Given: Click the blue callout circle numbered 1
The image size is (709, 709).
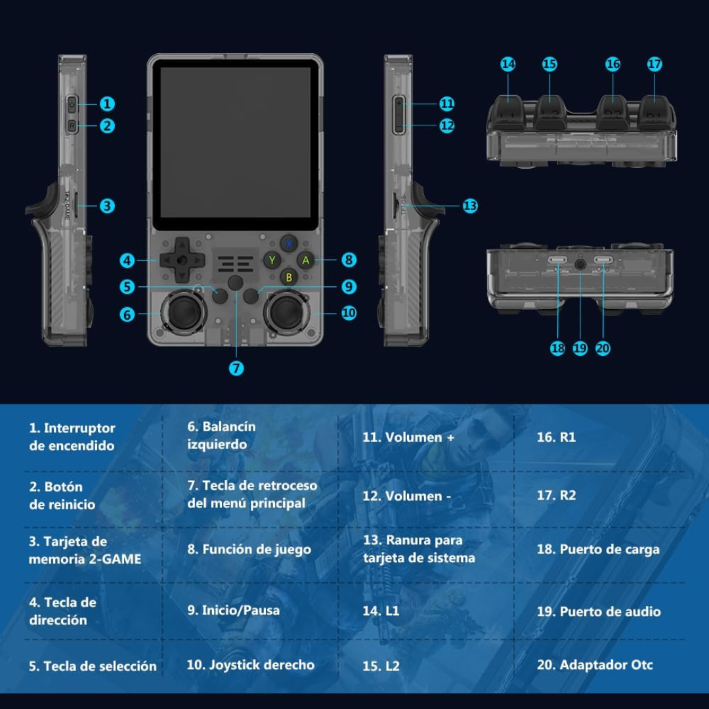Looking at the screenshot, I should click(108, 104).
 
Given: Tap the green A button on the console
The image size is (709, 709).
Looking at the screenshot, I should click(305, 260).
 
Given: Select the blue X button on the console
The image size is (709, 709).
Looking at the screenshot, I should click(288, 244).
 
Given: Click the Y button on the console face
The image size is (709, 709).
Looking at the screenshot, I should click(271, 260).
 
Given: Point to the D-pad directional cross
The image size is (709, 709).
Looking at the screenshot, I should click(180, 261).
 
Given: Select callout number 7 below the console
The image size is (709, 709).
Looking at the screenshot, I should click(236, 368).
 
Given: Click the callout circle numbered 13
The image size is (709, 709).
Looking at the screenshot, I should click(470, 205).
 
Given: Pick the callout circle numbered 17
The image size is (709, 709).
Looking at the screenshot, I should click(654, 64).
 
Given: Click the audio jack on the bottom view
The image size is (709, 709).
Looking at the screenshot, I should click(580, 264).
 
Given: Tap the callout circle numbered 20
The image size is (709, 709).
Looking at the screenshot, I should click(603, 349).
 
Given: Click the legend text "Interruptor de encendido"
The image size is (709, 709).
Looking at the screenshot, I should click(72, 437).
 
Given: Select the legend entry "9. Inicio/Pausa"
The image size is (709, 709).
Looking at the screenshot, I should click(233, 610).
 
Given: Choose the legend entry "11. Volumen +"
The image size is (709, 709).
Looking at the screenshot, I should click(408, 437).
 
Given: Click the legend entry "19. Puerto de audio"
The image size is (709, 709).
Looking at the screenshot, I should click(598, 611).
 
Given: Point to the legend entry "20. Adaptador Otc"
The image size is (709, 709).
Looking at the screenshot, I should click(595, 665).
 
